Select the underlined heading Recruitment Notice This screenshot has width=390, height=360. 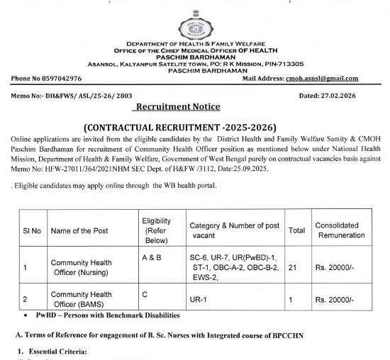[x=177, y=107]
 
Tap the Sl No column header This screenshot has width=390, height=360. [x=32, y=231]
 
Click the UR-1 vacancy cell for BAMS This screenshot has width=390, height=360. [x=196, y=300]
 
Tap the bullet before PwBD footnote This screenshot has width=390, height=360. [x=26, y=315]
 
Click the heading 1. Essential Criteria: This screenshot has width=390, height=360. [x=55, y=351]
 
